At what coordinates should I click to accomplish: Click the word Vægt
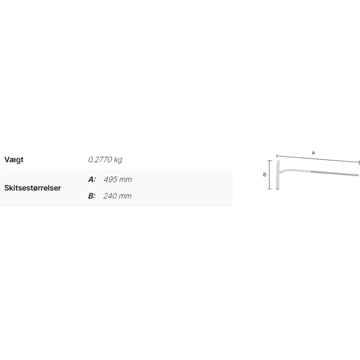[14, 160]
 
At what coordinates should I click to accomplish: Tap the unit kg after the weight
[118, 160]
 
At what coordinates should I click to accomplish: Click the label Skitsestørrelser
[33, 188]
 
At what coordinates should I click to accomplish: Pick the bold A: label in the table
[92, 180]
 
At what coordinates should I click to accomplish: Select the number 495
[110, 180]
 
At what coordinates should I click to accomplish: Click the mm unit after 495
[125, 180]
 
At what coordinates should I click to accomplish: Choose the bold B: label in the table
[92, 196]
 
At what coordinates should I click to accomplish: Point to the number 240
[110, 196]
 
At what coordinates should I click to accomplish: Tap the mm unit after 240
[125, 196]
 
